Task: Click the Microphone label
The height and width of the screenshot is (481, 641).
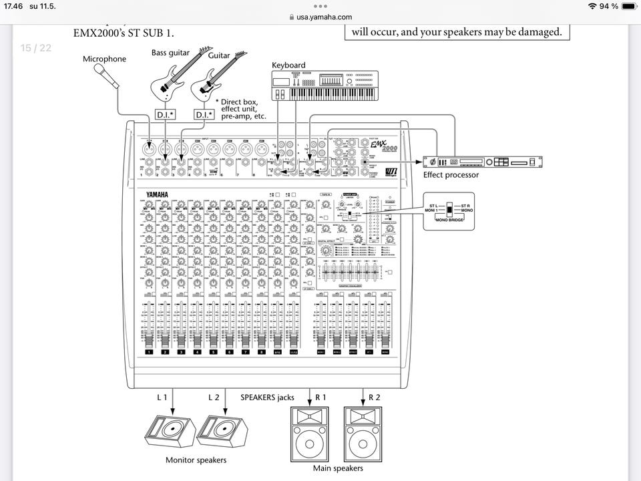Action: point(104,59)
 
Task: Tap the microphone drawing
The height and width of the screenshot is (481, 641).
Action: point(106,75)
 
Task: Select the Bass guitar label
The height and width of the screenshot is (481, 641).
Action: point(170,53)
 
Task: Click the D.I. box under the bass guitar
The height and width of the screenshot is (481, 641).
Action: point(164,115)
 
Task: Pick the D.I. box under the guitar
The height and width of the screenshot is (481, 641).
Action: point(204,115)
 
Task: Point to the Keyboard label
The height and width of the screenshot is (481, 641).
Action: point(288,65)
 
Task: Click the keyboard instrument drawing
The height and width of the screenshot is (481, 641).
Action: point(325,86)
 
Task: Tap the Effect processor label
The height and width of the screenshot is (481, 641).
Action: point(451,175)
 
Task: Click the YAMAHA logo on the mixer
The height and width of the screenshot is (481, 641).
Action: point(158,194)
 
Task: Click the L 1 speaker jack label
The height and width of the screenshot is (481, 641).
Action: point(162,397)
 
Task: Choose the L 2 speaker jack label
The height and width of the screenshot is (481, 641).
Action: point(213,397)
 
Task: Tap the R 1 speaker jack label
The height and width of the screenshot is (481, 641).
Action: point(320,397)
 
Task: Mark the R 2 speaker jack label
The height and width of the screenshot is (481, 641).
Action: point(374,397)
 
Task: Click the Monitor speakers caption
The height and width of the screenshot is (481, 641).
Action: point(196,460)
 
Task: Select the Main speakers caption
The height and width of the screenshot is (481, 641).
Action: point(338,468)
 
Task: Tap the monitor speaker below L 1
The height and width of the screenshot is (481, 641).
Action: point(170,430)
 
